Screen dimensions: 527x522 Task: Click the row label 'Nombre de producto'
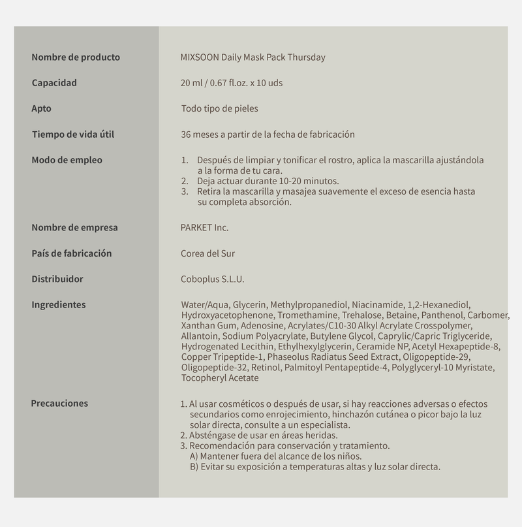76,57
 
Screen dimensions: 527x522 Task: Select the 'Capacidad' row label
54,83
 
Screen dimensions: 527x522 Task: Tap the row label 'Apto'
41,108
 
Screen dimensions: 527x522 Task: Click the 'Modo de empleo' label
67,160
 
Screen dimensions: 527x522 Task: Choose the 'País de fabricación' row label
72,253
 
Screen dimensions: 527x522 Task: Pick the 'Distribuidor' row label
57,279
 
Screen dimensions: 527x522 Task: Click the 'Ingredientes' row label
59,304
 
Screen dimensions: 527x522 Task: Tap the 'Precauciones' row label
59,403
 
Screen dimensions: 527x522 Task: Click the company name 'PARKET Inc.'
204,228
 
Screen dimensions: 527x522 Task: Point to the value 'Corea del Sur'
207,253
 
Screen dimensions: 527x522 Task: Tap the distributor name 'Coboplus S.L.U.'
213,279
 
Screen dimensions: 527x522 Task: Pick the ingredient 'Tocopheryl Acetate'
220,378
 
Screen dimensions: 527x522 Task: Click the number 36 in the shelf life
186,135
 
